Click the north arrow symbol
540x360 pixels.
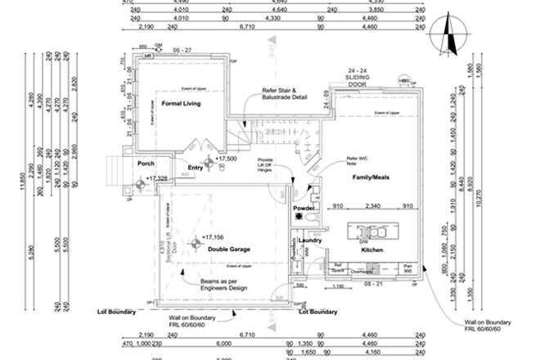446,34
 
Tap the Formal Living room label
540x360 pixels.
181,104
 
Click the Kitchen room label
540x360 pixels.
373,250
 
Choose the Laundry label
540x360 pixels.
308,240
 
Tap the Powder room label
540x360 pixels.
304,209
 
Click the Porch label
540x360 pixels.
146,163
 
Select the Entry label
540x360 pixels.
195,168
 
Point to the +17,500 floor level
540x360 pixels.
227,159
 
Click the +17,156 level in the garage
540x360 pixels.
215,238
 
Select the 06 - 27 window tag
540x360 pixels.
183,50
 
